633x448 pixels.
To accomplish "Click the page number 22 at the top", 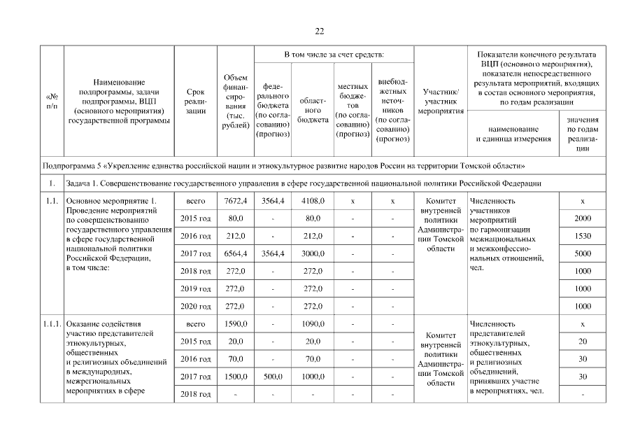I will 319,31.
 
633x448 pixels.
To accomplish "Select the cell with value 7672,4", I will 234,202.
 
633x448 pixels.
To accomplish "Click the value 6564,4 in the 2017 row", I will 234,253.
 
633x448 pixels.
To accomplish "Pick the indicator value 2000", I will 582,219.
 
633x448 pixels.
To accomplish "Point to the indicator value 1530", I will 582,237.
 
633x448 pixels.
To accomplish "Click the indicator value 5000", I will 582,253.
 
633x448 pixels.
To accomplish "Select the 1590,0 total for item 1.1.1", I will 234,325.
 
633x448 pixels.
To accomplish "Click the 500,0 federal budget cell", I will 272,377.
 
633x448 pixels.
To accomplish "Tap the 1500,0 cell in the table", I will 234,377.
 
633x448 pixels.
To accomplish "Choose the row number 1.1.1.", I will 51,325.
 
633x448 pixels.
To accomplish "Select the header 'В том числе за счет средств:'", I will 333,55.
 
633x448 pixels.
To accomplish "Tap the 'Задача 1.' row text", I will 304,183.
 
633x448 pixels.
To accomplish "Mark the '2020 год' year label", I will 196,305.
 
